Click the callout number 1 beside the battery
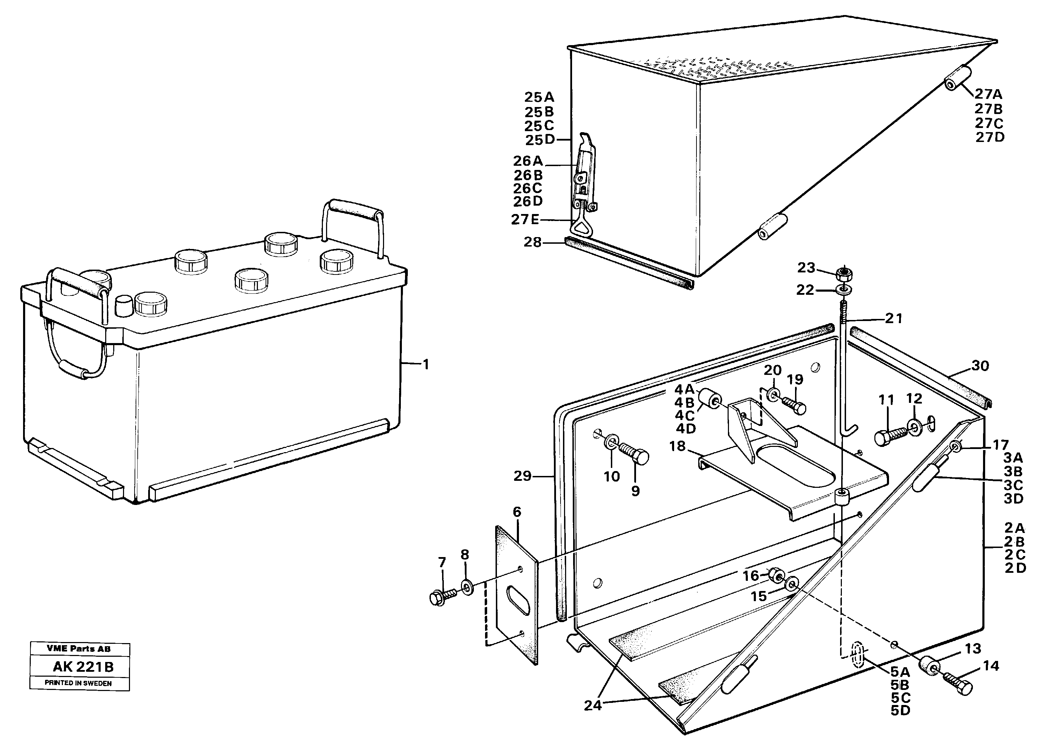(x=426, y=364)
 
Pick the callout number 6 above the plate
(x=517, y=512)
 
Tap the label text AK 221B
(x=83, y=667)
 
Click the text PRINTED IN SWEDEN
(x=78, y=683)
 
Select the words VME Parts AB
(x=78, y=648)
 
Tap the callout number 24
(x=592, y=705)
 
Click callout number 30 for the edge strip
(x=980, y=366)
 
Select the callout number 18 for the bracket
(x=677, y=446)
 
